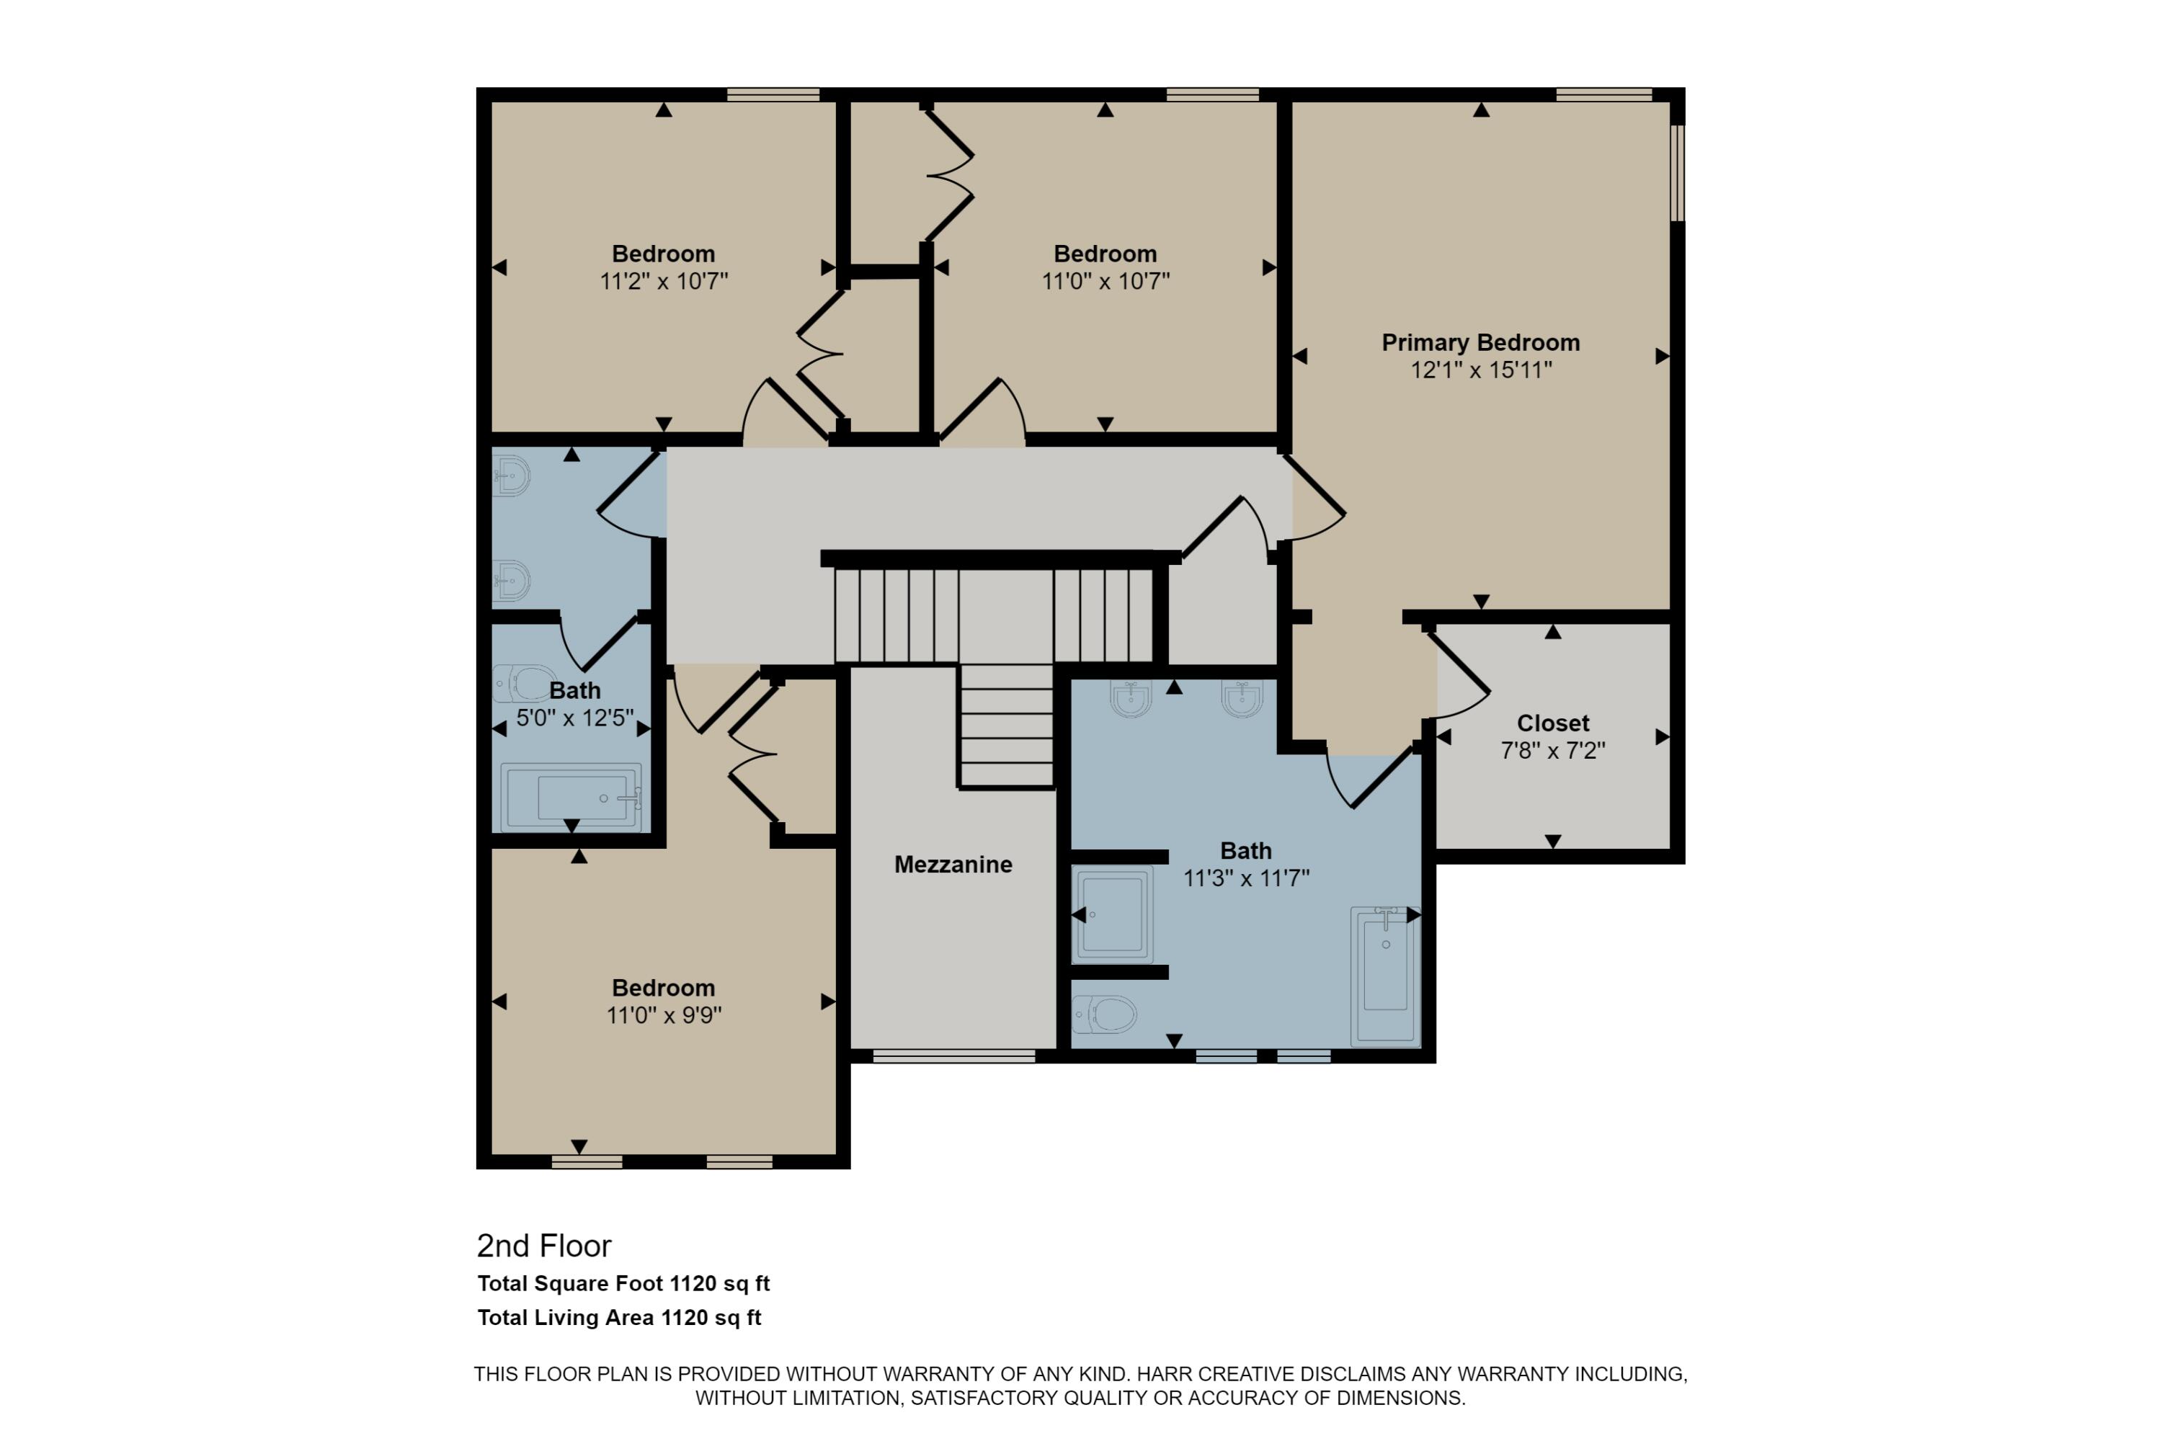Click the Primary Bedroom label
1480,343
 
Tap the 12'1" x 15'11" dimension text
1480,370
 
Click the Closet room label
1552,723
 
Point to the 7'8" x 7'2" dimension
1552,751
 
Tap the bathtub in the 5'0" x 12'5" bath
571,797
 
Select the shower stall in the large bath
1112,914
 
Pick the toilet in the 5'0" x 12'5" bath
525,683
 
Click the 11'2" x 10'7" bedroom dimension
664,281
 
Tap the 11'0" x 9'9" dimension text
664,1015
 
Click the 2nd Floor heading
543,1246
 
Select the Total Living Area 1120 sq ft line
618,1318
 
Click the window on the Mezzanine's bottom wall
953,1058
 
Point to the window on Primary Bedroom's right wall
1677,173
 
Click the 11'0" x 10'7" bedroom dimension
1105,281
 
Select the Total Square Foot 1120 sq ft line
623,1284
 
